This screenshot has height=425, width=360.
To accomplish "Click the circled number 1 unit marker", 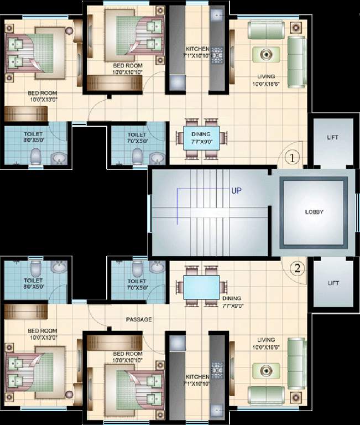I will pyautogui.click(x=293, y=158).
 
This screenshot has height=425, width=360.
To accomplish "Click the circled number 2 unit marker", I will pyautogui.click(x=298, y=269).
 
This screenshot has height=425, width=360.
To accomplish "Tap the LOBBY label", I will pyautogui.click(x=314, y=212).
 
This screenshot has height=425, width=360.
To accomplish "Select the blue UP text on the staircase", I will pyautogui.click(x=236, y=190).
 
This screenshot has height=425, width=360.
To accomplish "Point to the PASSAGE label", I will pyautogui.click(x=139, y=320).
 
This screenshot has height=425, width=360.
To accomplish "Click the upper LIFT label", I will pyautogui.click(x=332, y=138).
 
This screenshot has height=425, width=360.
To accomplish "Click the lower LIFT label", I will pyautogui.click(x=333, y=283).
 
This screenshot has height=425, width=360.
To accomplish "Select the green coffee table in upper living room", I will pyautogui.click(x=267, y=54).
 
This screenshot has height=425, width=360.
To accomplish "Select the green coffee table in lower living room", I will pyautogui.click(x=267, y=369).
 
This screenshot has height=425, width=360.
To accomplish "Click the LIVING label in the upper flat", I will pyautogui.click(x=266, y=76).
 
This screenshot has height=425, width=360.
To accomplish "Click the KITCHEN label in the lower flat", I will pyautogui.click(x=197, y=377).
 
